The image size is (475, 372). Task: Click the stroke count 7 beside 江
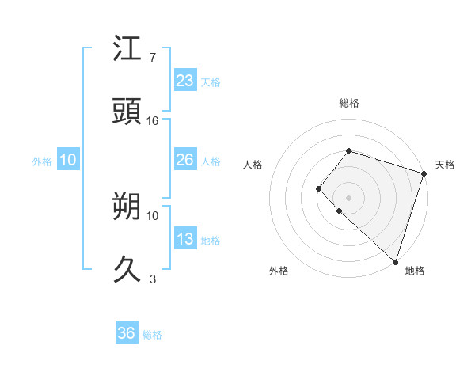tap(153, 58)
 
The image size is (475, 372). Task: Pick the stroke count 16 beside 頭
tap(153, 121)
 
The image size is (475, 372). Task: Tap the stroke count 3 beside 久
tap(153, 279)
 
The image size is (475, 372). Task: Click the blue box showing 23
tap(184, 80)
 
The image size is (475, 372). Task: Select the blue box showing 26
tap(184, 160)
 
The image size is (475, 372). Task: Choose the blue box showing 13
tap(184, 239)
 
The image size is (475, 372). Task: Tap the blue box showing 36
tap(127, 333)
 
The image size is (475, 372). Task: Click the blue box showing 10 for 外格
tap(68, 160)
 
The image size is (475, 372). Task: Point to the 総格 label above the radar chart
tap(349, 103)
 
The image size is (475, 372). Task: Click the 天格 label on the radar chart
tap(445, 165)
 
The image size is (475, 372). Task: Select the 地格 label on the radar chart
tap(415, 271)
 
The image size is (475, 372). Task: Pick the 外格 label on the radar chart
tap(279, 271)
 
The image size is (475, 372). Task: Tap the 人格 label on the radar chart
tap(253, 165)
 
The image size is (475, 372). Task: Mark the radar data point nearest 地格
tap(395, 261)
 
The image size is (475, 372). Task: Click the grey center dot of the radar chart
tap(348, 197)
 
